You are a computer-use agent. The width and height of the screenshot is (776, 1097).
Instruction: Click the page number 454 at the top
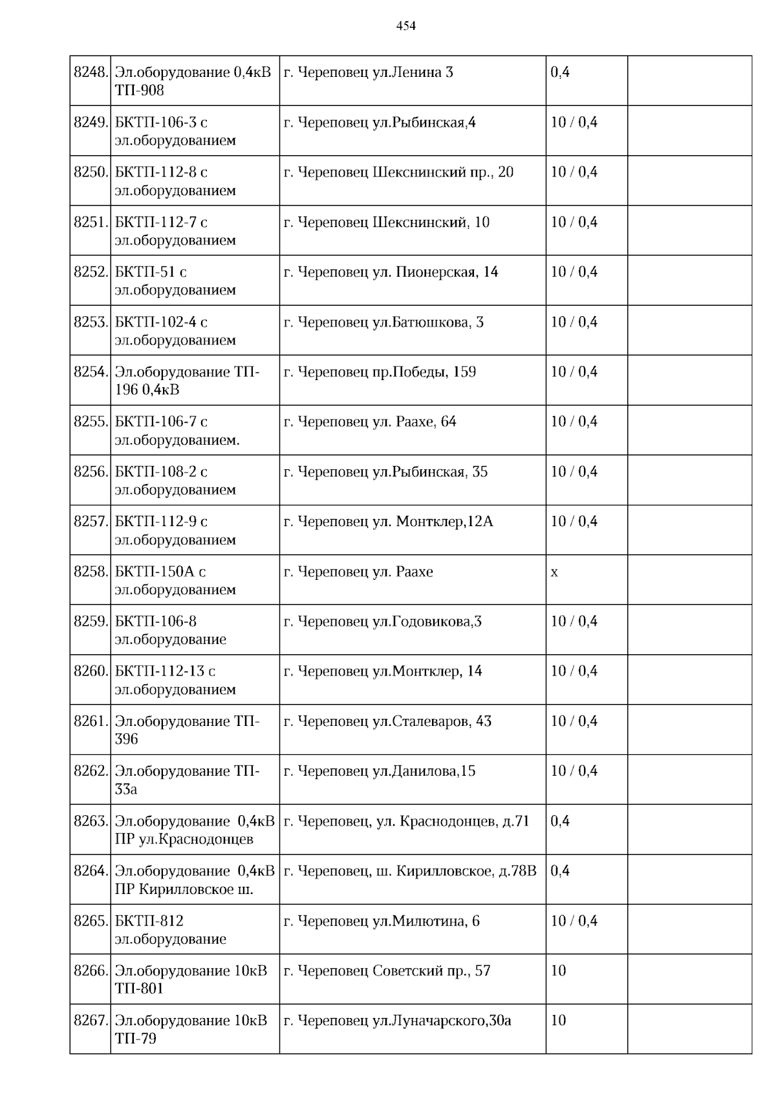coord(406,26)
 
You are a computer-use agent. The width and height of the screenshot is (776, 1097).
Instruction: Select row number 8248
coord(91,72)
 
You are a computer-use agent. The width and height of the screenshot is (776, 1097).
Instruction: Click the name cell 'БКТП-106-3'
coord(175,131)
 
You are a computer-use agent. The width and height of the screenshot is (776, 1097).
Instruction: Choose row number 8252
coord(91,272)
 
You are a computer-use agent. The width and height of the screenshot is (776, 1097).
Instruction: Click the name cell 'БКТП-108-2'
coord(175,480)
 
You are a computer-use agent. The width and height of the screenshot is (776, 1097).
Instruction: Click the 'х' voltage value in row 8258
coord(554,572)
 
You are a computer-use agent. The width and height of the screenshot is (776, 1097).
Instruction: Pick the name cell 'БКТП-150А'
coord(175,580)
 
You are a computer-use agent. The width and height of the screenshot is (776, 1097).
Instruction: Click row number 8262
coord(91,771)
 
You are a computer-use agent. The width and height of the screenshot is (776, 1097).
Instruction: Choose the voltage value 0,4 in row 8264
coord(560,871)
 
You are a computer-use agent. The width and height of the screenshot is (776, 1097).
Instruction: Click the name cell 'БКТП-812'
coord(171,930)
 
